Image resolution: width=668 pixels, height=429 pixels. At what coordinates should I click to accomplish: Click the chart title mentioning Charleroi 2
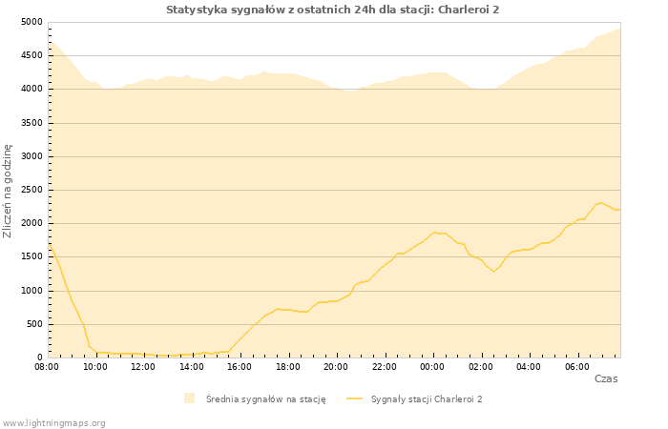pyautogui.click(x=332, y=10)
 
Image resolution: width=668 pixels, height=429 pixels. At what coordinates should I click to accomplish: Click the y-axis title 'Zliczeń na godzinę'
pyautogui.click(x=8, y=191)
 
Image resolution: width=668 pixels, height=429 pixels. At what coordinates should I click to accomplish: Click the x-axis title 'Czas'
pyautogui.click(x=605, y=378)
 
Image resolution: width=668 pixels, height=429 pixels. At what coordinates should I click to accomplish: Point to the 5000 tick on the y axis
pyautogui.click(x=31, y=22)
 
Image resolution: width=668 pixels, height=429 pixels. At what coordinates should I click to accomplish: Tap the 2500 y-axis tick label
pyautogui.click(x=31, y=190)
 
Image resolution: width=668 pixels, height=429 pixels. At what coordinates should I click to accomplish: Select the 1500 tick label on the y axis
pyautogui.click(x=31, y=257)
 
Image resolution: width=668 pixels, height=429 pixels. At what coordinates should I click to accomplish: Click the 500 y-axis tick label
pyautogui.click(x=34, y=324)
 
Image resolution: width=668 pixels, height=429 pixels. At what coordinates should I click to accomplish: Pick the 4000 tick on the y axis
pyautogui.click(x=31, y=90)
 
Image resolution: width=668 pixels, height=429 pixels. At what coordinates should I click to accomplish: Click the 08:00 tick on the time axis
pyautogui.click(x=47, y=366)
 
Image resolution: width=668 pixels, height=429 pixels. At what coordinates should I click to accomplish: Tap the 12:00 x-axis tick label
pyautogui.click(x=143, y=366)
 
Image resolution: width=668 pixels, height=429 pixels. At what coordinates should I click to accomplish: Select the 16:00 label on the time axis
pyautogui.click(x=240, y=366)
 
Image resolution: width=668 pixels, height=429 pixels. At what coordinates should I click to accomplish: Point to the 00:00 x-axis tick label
pyautogui.click(x=432, y=366)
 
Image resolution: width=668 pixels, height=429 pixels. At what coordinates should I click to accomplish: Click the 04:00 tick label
pyautogui.click(x=529, y=366)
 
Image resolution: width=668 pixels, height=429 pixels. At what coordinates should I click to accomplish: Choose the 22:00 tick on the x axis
pyautogui.click(x=385, y=366)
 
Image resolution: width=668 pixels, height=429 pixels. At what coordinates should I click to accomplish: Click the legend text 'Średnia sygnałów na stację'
pyautogui.click(x=265, y=399)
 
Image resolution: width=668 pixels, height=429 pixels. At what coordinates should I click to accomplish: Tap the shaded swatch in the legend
pyautogui.click(x=189, y=398)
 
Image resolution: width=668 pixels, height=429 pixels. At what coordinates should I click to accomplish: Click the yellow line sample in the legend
pyautogui.click(x=354, y=398)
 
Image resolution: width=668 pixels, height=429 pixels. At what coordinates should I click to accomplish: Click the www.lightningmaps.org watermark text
pyautogui.click(x=53, y=422)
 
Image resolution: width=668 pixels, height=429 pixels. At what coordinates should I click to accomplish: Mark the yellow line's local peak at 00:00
pyautogui.click(x=434, y=232)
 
